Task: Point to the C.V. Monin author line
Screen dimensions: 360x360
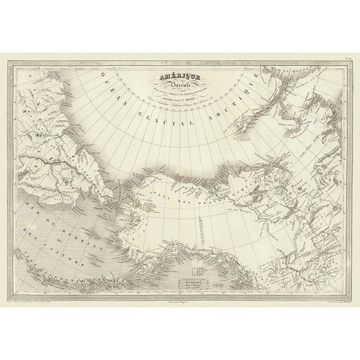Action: [x=180, y=97]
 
